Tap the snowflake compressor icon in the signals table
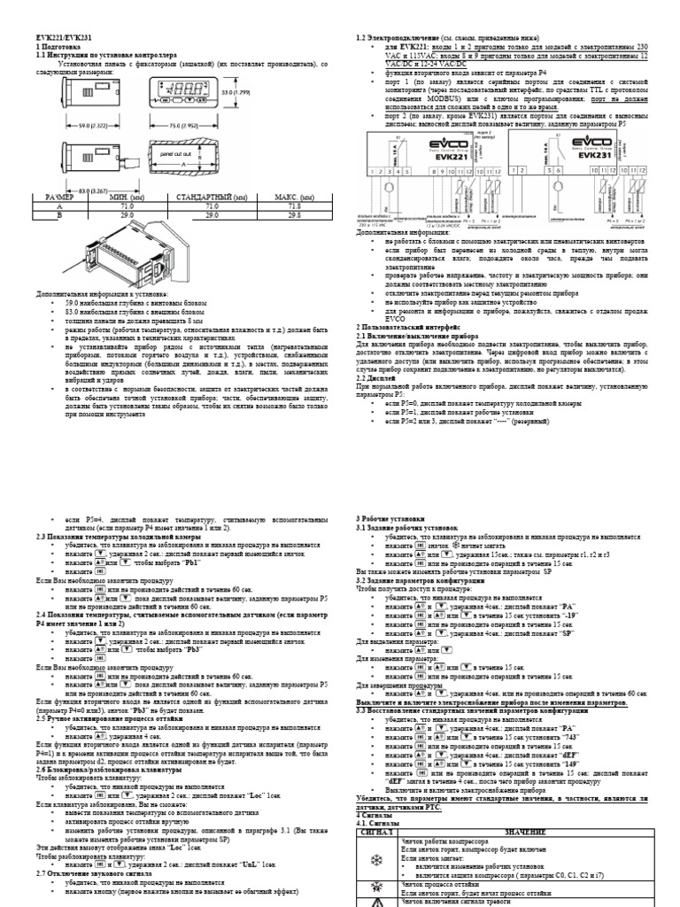point(377,860)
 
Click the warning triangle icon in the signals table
point(377,902)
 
